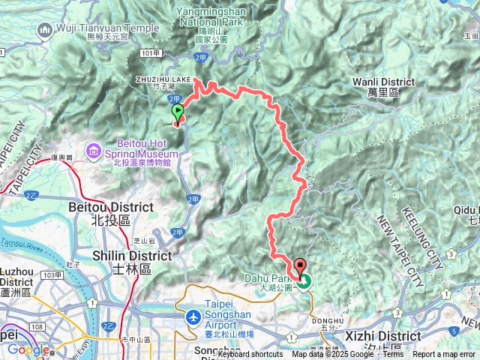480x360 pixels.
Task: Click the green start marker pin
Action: [x=178, y=113]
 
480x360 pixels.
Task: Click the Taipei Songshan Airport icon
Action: [x=193, y=318]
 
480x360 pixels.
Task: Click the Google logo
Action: [x=28, y=349]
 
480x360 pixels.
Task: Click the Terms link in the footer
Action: [x=393, y=355]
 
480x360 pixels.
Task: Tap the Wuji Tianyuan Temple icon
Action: [x=44, y=29]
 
